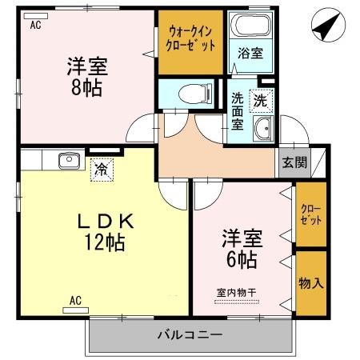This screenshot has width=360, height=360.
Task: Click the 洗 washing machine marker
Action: coord(261,102)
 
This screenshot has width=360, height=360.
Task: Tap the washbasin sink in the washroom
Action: coord(262,130)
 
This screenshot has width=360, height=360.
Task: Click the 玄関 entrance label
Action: coord(294,162)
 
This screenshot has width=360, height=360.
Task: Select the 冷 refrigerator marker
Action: coord(101,169)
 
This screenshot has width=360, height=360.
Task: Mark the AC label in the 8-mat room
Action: coord(35,25)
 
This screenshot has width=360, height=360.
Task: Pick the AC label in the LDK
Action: coord(75,300)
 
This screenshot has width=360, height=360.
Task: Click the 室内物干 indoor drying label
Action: coord(235,291)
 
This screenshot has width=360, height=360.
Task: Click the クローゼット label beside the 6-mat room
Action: coord(310,215)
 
